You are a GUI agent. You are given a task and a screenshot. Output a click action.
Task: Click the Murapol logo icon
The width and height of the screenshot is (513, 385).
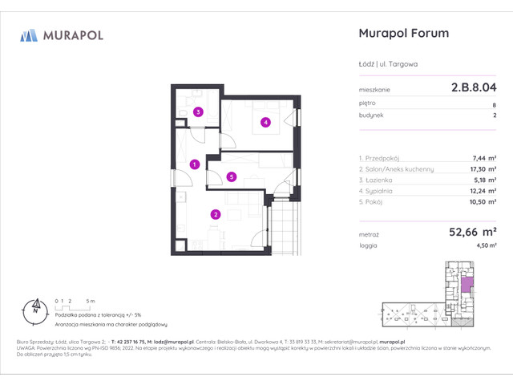(x=29, y=35)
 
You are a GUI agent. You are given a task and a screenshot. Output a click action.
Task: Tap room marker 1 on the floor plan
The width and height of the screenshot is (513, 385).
(x=194, y=164)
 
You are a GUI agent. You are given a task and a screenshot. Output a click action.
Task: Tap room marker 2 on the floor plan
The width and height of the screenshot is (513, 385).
(x=215, y=213)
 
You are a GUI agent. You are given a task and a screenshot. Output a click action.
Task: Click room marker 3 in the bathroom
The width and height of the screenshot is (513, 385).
(x=198, y=112)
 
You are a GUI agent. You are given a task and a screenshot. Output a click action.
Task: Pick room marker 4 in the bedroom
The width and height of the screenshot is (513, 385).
(x=265, y=123)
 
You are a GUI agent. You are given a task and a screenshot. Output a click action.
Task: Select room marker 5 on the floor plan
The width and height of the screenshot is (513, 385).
(x=231, y=176)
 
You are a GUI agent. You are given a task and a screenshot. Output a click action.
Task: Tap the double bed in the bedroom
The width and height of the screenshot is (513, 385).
(x=265, y=112)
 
